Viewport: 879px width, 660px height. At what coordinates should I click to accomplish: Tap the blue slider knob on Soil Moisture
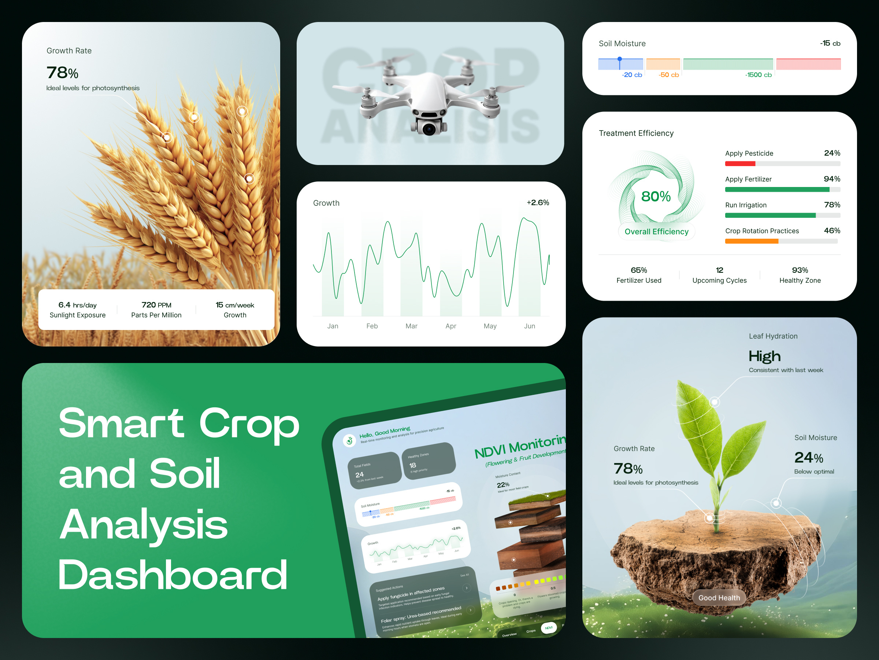(x=620, y=59)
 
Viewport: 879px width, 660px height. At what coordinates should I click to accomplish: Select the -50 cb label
(x=668, y=75)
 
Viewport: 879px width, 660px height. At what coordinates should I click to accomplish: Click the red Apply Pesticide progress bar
(x=740, y=164)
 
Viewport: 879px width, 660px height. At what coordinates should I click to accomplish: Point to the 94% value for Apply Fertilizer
(x=832, y=179)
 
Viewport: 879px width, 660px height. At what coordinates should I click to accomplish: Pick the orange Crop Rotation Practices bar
(x=752, y=241)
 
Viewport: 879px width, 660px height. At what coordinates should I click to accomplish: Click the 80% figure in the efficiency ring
(x=656, y=196)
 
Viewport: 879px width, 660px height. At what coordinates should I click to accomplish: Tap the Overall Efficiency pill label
(x=656, y=231)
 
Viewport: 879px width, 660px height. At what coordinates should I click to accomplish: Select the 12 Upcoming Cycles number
(x=719, y=270)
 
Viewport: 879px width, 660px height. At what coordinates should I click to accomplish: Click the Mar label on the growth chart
(x=411, y=326)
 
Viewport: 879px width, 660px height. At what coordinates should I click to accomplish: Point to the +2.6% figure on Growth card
(x=538, y=202)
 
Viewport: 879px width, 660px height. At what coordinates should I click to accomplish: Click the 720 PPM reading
(x=156, y=305)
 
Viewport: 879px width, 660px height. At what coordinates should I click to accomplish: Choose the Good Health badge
(x=719, y=598)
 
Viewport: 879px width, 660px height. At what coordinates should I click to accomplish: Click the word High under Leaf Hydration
(x=765, y=356)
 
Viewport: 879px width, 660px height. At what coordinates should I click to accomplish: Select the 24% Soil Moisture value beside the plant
(x=808, y=458)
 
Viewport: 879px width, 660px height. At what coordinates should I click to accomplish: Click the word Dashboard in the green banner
(x=173, y=575)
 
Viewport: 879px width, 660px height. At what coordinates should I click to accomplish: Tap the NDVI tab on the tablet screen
(x=548, y=628)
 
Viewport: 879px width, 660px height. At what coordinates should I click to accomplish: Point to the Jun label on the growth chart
(x=529, y=326)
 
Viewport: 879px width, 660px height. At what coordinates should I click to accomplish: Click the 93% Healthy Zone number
(x=800, y=270)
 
